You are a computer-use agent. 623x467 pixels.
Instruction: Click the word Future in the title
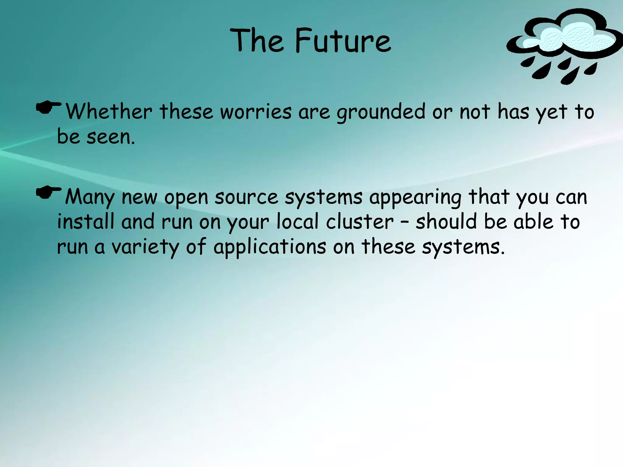coord(343,40)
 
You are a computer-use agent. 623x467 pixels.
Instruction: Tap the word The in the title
coord(257,40)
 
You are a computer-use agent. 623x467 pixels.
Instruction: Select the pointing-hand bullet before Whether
coord(48,108)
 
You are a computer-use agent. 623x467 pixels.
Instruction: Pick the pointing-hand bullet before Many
coord(48,193)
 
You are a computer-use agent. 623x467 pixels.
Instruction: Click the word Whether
coord(109,112)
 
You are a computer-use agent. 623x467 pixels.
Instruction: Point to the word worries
coord(256,112)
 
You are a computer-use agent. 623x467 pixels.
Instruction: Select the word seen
coord(111,137)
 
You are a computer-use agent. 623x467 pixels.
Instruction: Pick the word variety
coord(145,247)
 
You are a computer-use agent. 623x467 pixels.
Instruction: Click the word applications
coord(270,247)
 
